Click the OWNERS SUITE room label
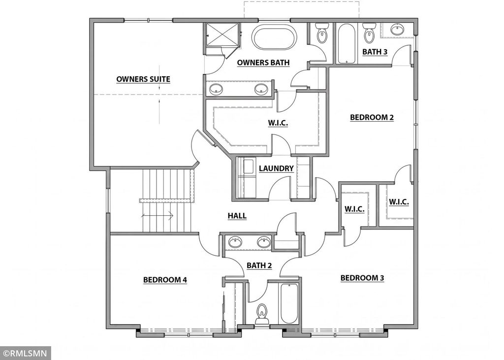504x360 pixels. [143, 79]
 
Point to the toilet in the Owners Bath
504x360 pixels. [322, 33]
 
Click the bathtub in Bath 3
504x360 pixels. [347, 43]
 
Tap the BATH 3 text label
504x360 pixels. [375, 52]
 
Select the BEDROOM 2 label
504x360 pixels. [372, 118]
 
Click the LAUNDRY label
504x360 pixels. [276, 168]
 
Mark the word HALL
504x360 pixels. [237, 216]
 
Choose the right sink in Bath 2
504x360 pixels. [264, 242]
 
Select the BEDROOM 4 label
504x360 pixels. [165, 280]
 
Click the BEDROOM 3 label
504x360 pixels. [362, 278]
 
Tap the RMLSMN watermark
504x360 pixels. [26, 353]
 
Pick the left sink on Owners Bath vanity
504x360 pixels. [216, 90]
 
